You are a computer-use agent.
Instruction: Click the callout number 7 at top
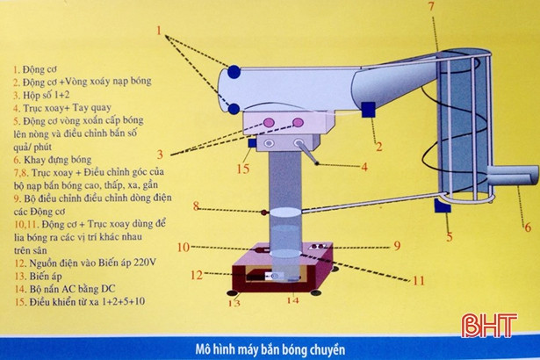pos(432,7)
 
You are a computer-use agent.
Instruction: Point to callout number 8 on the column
pos(198,206)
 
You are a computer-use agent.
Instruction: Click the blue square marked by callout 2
pos(368,112)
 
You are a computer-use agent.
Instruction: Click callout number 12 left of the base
pos(197,274)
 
